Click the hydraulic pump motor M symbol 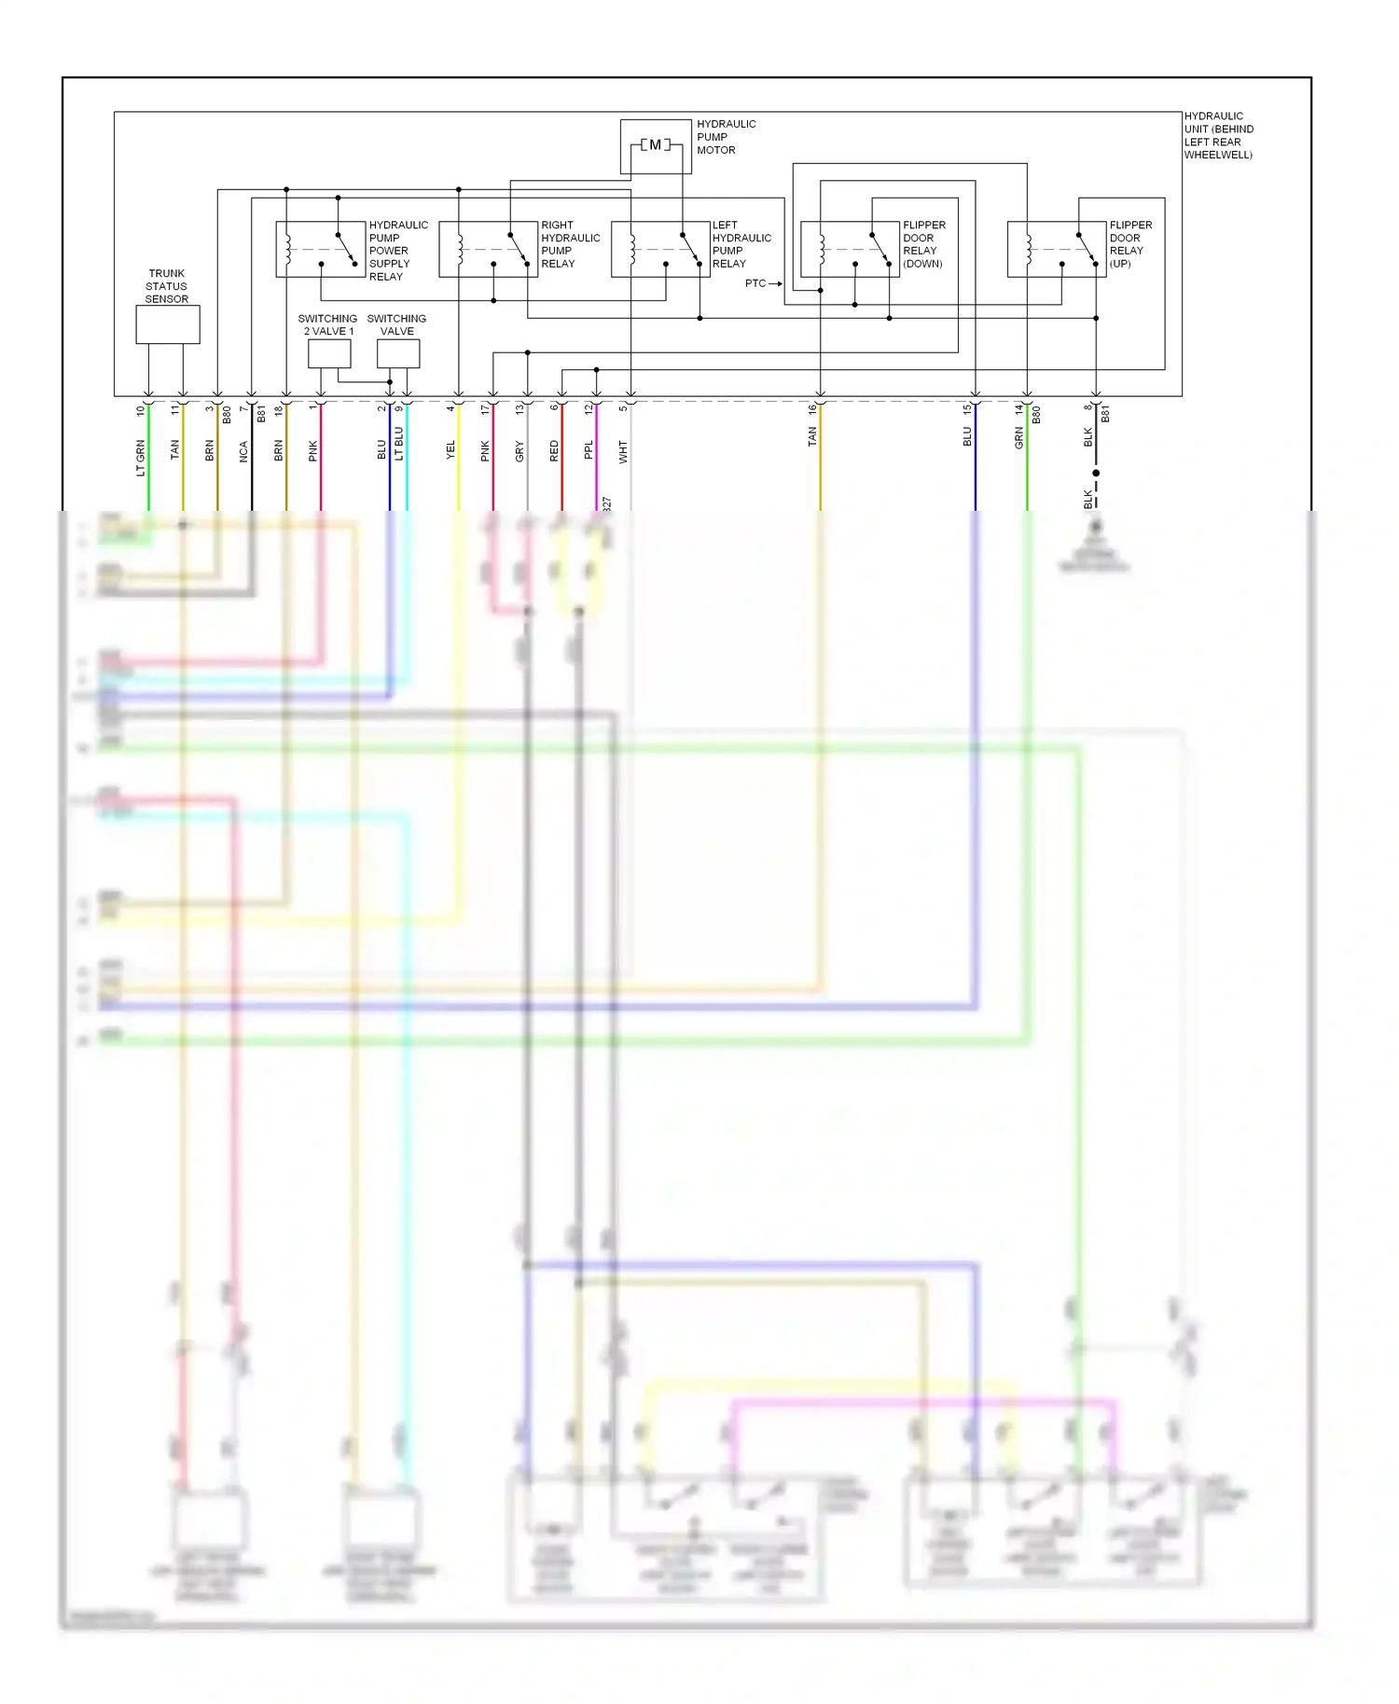[656, 145]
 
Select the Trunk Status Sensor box [168, 324]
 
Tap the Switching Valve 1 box [398, 353]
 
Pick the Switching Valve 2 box [329, 353]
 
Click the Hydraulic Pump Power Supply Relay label [398, 251]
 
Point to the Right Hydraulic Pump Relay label [570, 244]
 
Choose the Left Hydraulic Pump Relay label [741, 244]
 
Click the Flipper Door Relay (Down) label [923, 244]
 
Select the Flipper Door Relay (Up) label [1130, 244]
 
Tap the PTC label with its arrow [762, 283]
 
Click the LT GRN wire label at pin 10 [142, 458]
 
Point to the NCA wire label [244, 451]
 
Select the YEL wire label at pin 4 [451, 450]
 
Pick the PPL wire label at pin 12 [589, 450]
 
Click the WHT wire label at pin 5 [623, 452]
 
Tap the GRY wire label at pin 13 [520, 451]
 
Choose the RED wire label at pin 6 [555, 451]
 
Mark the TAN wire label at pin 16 [812, 436]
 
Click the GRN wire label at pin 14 [1019, 438]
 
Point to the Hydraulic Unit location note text [1218, 136]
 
